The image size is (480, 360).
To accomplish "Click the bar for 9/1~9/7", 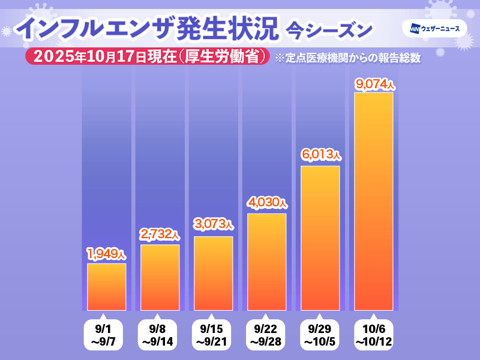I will (107, 287).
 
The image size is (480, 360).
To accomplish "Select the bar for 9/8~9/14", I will (160, 277).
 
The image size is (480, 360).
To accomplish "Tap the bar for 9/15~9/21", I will (213, 273).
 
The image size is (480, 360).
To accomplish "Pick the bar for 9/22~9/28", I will (266, 262).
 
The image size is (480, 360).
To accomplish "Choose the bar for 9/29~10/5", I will (320, 238).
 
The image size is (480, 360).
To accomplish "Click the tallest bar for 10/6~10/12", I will (373, 201).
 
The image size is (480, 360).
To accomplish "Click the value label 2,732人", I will (160, 233).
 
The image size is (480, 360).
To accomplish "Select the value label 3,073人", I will (213, 225).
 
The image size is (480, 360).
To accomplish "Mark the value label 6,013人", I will (320, 155).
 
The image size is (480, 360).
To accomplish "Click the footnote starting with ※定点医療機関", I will (347, 58).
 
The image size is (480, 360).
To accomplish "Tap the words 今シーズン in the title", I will (329, 28).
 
